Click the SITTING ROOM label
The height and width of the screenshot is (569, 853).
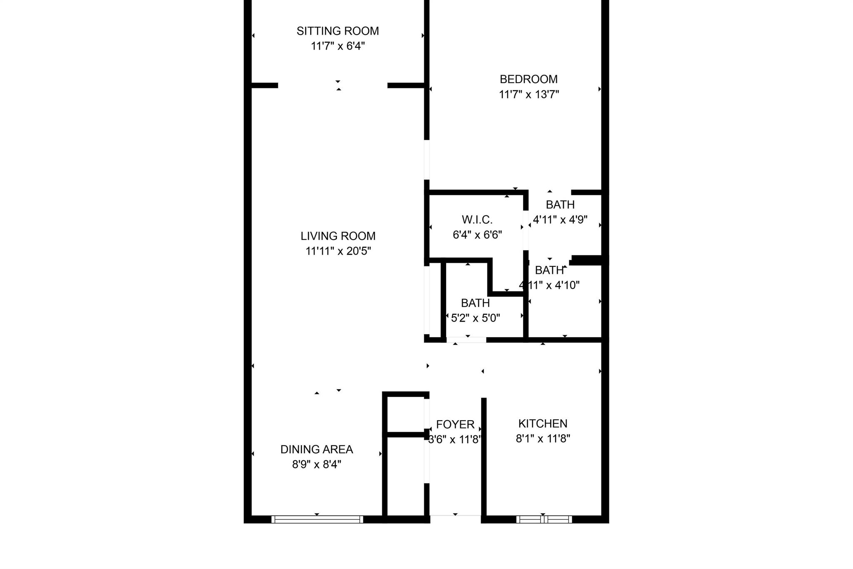[x=338, y=31]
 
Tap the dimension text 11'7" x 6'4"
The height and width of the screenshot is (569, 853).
[x=338, y=46]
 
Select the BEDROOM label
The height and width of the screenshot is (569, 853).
[x=529, y=79]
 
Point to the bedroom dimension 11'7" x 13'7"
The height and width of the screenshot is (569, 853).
[x=529, y=95]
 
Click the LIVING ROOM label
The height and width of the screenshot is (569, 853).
[x=338, y=236]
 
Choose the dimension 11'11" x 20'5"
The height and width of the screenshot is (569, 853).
[x=338, y=251]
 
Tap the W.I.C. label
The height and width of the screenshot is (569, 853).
[x=477, y=219]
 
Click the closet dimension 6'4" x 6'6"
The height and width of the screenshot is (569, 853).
[x=477, y=235]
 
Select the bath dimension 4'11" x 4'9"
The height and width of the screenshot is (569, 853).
[x=560, y=220]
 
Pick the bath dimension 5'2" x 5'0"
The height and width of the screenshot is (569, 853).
[x=476, y=318]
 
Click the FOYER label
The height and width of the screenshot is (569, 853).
[x=455, y=424]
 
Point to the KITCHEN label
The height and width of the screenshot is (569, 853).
[x=543, y=424]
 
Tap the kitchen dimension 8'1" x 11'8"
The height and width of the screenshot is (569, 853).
[x=543, y=439]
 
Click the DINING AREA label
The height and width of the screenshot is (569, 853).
[x=317, y=449]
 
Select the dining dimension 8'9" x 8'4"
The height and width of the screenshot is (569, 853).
[x=317, y=464]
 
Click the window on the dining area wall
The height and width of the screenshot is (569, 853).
[x=317, y=519]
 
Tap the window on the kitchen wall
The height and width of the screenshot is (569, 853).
[x=544, y=519]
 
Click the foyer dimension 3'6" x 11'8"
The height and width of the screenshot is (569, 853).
[x=455, y=439]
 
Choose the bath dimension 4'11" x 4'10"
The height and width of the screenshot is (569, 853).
[x=549, y=285]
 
